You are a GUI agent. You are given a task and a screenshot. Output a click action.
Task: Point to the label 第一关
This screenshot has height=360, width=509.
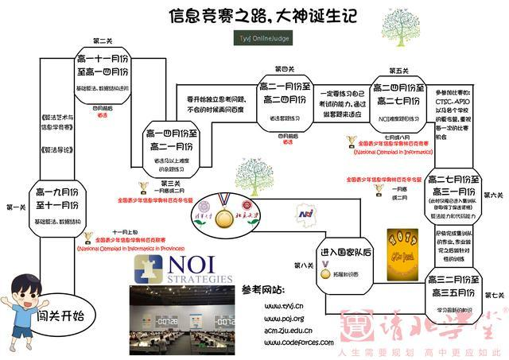[15, 207]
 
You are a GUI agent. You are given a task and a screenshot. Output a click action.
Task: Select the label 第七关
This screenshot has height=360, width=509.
[493, 296]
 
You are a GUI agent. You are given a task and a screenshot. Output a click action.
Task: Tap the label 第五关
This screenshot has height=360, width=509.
[398, 70]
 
